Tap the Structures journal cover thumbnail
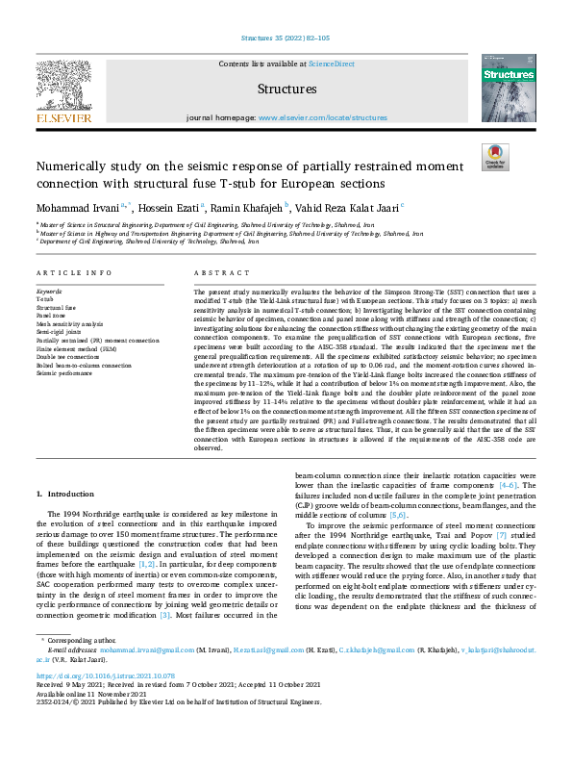pos(508,88)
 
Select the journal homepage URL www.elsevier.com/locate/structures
pos(323,117)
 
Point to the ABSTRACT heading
pos(214,273)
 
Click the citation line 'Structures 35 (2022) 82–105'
pos(286,38)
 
